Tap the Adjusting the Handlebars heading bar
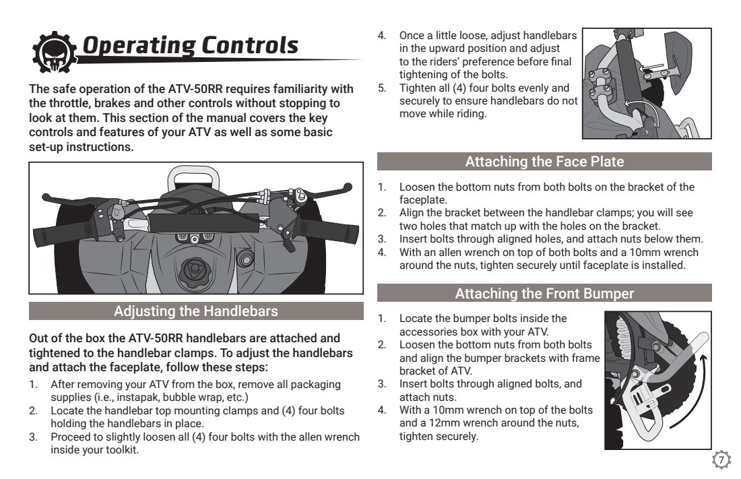click(195, 311)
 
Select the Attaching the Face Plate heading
click(544, 162)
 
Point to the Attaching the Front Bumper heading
click(544, 294)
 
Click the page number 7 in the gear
click(721, 460)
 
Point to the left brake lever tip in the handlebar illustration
click(47, 197)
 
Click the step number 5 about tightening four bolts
click(381, 88)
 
